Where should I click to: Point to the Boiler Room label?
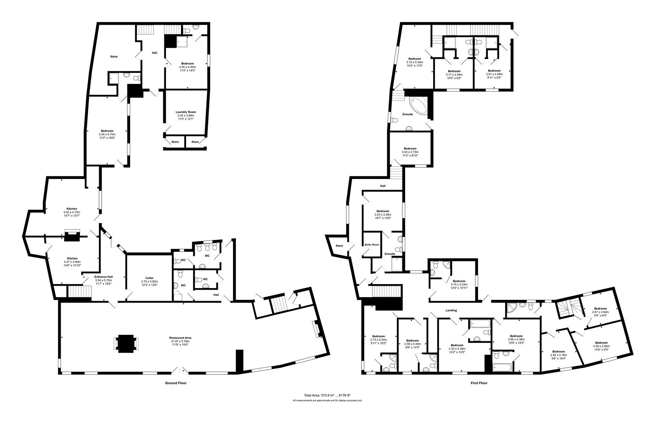tap(372, 244)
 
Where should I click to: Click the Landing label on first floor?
tap(451, 310)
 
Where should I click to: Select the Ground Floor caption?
tap(175, 383)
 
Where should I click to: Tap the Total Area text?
tap(327, 395)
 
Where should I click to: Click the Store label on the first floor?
tap(339, 246)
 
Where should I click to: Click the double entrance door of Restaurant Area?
tap(181, 370)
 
